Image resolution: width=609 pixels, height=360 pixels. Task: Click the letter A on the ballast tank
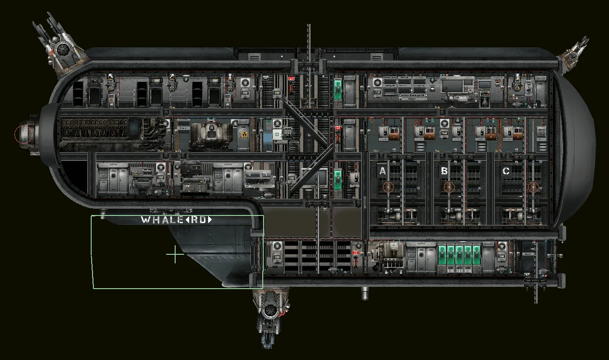pyautogui.click(x=382, y=171)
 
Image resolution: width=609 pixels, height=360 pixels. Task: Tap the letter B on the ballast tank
pyautogui.click(x=444, y=171)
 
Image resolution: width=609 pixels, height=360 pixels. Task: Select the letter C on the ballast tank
pyautogui.click(x=506, y=171)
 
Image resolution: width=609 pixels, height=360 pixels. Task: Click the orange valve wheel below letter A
pyautogui.click(x=387, y=187)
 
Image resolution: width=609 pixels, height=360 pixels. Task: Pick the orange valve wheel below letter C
pyautogui.click(x=534, y=187)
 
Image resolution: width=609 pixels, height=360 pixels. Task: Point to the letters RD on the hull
pyautogui.click(x=199, y=220)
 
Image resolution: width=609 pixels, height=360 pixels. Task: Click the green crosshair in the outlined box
pyautogui.click(x=175, y=255)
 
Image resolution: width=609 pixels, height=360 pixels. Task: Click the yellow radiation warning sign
pyautogui.click(x=244, y=134)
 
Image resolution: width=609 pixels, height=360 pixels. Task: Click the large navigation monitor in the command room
pyautogui.click(x=457, y=85)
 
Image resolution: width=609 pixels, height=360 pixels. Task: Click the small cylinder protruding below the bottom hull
pyautogui.click(x=364, y=293)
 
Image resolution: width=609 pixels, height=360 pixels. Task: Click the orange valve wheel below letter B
pyautogui.click(x=448, y=187)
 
